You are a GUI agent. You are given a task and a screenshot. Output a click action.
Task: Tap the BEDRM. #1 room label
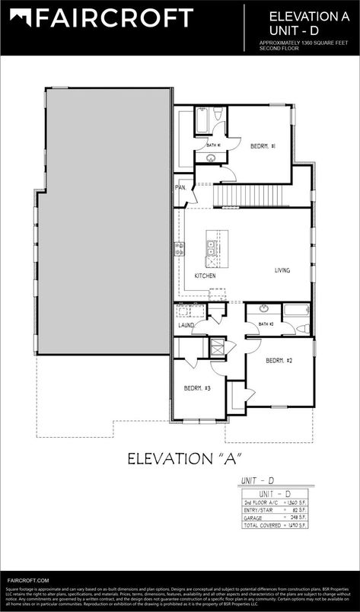[x=263, y=145]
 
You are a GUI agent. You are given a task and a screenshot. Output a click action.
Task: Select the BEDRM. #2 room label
[x=279, y=360]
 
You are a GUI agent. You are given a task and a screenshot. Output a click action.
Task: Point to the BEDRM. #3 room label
[x=197, y=388]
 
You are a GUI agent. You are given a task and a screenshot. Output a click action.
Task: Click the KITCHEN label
[x=205, y=276]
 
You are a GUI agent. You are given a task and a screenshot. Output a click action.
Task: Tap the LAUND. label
[x=186, y=325]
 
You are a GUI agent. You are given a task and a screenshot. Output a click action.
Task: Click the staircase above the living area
[x=241, y=198]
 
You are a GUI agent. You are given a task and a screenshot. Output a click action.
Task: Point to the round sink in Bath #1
[x=211, y=158]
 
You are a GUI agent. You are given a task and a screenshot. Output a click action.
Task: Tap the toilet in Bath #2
[x=302, y=329]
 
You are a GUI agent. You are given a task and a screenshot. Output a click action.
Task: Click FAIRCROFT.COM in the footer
[x=27, y=580]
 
